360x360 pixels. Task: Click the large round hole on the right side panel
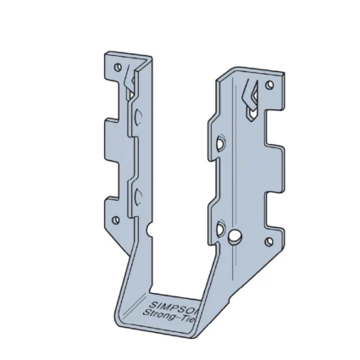point(235,235)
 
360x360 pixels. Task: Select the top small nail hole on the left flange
point(119,64)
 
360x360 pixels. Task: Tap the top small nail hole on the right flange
point(269,86)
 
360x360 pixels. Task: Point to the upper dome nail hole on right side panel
point(220,146)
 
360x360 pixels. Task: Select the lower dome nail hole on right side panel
point(220,228)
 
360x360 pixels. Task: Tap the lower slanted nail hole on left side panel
point(136,198)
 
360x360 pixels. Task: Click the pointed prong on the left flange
point(129,81)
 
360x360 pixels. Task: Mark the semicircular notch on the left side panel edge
point(149,230)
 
